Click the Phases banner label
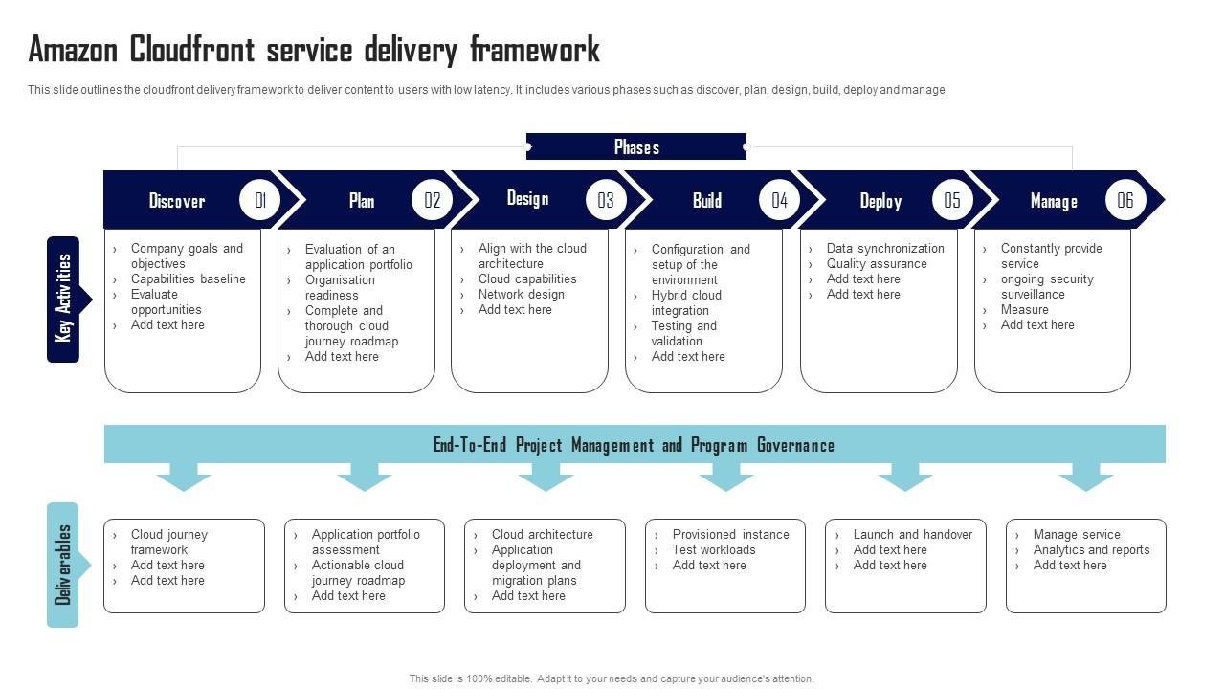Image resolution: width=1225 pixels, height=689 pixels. pos(636,147)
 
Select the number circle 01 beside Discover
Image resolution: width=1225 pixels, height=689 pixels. pos(260,200)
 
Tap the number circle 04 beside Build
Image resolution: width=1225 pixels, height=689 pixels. pos(780,200)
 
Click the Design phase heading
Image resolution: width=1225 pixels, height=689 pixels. pos(527,198)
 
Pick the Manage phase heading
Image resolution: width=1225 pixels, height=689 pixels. pos(1054,201)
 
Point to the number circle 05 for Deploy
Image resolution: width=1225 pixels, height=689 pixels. pos(952,200)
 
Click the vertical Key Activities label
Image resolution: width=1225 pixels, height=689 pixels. pos(63,299)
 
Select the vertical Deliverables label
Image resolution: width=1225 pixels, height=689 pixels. pos(63,565)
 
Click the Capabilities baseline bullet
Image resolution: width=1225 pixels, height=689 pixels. pos(188,279)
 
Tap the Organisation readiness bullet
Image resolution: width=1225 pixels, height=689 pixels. pos(341,288)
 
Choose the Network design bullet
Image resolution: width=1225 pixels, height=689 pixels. pos(522,295)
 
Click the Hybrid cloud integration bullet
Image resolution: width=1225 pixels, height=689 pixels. pos(686,303)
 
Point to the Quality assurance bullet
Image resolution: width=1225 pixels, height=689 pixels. pos(877,264)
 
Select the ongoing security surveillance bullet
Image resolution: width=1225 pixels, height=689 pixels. pos(1046,287)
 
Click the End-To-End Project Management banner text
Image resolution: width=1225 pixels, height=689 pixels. pos(634,445)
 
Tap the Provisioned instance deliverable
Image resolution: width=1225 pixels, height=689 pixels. pos(730,535)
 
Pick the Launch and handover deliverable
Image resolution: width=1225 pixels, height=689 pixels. pos(912,535)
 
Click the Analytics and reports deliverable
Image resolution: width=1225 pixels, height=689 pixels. pos(1091,550)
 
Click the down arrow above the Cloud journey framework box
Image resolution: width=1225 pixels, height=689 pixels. pos(184,476)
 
